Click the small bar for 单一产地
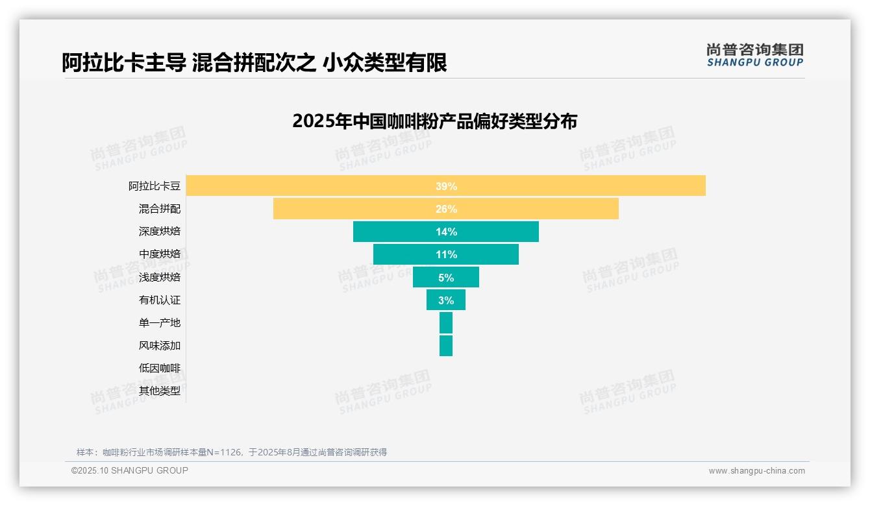pyautogui.click(x=446, y=323)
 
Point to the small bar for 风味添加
pyautogui.click(x=446, y=346)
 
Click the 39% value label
pyautogui.click(x=446, y=186)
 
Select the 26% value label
pyautogui.click(x=446, y=209)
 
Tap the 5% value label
pyautogui.click(x=446, y=278)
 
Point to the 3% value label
pyautogui.click(x=446, y=300)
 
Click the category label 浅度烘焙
pyautogui.click(x=160, y=278)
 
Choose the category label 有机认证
pyautogui.click(x=160, y=300)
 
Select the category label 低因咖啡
pyautogui.click(x=160, y=368)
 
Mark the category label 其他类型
pyautogui.click(x=160, y=391)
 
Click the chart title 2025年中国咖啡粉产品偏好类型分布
pyautogui.click(x=434, y=121)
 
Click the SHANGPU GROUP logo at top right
pyautogui.click(x=754, y=55)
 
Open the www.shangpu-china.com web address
pyautogui.click(x=756, y=471)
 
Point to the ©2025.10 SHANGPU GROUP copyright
pyautogui.click(x=130, y=470)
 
